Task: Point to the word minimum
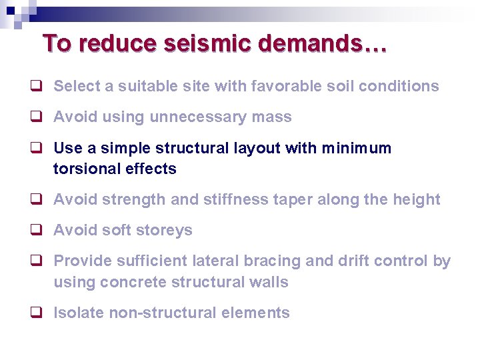click(x=359, y=148)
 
